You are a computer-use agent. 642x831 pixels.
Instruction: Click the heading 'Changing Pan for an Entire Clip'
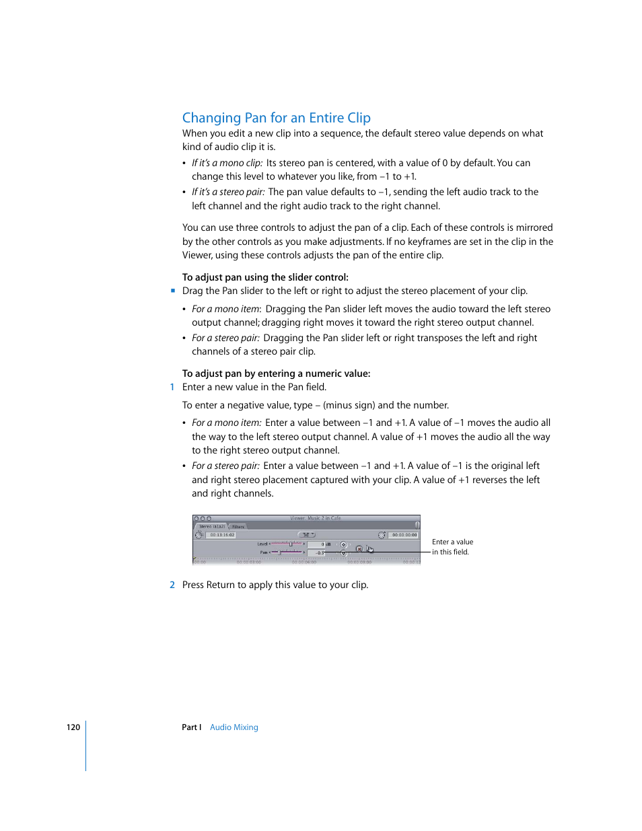pyautogui.click(x=276, y=118)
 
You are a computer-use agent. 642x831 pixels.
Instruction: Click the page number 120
pyautogui.click(x=73, y=727)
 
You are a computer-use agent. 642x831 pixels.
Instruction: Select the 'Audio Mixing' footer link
pyautogui.click(x=234, y=727)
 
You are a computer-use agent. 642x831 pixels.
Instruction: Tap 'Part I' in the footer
pyautogui.click(x=191, y=727)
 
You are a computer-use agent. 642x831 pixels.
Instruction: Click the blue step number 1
pyautogui.click(x=172, y=388)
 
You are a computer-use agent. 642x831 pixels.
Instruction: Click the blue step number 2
pyautogui.click(x=172, y=585)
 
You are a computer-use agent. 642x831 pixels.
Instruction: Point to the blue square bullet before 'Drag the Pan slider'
pyautogui.click(x=173, y=291)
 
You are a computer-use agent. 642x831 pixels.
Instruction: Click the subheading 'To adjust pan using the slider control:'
pyautogui.click(x=265, y=277)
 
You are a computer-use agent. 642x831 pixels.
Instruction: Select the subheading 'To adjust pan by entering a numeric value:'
pyautogui.click(x=276, y=373)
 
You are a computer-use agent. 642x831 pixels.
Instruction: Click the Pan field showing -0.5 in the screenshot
pyautogui.click(x=316, y=552)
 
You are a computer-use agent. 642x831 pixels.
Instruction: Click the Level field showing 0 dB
pyautogui.click(x=316, y=544)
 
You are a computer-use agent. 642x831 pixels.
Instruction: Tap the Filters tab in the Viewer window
pyautogui.click(x=238, y=527)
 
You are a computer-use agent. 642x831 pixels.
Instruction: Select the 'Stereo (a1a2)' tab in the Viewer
pyautogui.click(x=211, y=527)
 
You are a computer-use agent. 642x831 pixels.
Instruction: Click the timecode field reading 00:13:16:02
pyautogui.click(x=221, y=535)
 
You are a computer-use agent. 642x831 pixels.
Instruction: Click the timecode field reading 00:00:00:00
pyautogui.click(x=404, y=535)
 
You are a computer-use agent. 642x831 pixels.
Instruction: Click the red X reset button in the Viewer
pyautogui.click(x=359, y=548)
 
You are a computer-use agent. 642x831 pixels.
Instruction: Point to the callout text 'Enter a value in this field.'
pyautogui.click(x=452, y=547)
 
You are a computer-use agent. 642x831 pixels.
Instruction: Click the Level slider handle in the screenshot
pyautogui.click(x=290, y=544)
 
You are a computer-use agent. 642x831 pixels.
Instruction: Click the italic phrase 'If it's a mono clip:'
pyautogui.click(x=227, y=163)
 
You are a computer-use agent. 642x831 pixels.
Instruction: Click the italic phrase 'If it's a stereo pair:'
pyautogui.click(x=228, y=192)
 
